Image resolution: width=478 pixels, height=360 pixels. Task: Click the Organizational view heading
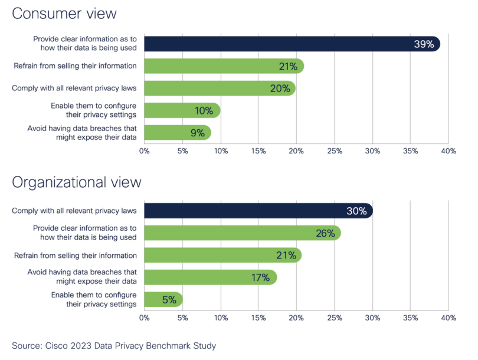[77, 182]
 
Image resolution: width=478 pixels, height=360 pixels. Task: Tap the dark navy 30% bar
[258, 211]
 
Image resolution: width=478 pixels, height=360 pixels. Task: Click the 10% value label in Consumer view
[205, 110]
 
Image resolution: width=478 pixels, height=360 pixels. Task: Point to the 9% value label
[197, 133]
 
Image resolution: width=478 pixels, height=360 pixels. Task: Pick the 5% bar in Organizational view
[163, 300]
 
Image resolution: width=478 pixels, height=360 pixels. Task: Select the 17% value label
[261, 277]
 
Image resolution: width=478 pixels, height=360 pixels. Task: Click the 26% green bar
[242, 233]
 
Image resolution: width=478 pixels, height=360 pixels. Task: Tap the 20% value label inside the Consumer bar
[280, 89]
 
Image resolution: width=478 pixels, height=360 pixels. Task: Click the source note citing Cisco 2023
[114, 345]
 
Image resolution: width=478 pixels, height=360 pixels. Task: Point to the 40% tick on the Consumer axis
[448, 151]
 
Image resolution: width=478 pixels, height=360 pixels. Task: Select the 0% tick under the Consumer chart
[145, 151]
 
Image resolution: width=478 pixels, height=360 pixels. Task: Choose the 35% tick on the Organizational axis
[410, 318]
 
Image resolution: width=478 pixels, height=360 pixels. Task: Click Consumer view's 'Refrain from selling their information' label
[76, 66]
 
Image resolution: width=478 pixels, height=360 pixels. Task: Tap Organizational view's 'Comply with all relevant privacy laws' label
[75, 211]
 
